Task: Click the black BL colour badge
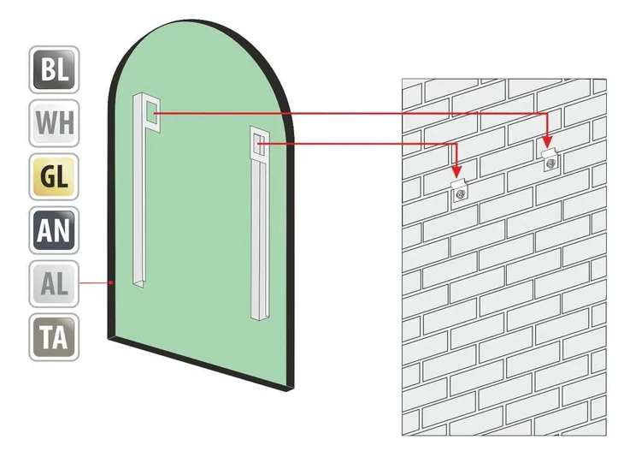[54, 69]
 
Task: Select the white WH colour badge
[54, 123]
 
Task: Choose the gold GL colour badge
[54, 176]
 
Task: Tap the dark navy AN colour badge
[54, 230]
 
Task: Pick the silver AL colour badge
[54, 283]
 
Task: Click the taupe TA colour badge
[54, 337]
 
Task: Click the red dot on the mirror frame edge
[112, 282]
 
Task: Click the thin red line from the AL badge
[95, 282]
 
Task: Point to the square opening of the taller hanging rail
[151, 112]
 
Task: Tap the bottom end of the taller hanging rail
[138, 283]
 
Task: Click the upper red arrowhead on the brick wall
[548, 142]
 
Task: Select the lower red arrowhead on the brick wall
[456, 171]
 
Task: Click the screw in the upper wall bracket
[551, 163]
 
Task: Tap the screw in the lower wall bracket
[461, 194]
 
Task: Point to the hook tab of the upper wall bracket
[549, 152]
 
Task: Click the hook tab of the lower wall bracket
[458, 184]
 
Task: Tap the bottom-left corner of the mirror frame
[109, 339]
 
